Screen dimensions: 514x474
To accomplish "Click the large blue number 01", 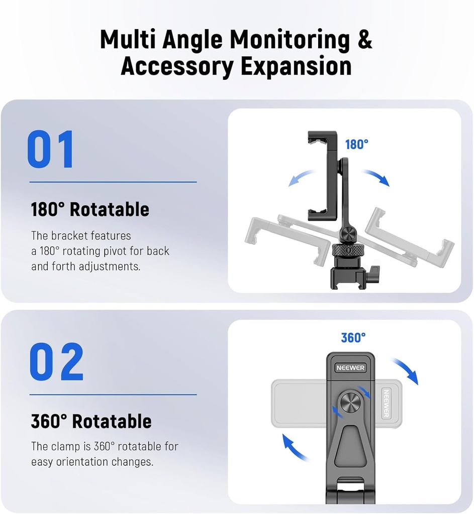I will pos(51,149).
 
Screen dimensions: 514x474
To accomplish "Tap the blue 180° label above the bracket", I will pos(356,145).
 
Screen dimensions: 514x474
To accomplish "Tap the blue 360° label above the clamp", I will pos(353,338).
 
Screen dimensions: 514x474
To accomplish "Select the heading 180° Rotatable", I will pos(90,209).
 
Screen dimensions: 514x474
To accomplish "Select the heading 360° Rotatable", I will pos(91,421).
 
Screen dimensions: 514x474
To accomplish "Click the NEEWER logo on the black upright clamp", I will pos(350,368).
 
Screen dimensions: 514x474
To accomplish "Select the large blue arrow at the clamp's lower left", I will pos(295,448).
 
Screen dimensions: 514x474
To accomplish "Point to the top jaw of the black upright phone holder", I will pos(322,137).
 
